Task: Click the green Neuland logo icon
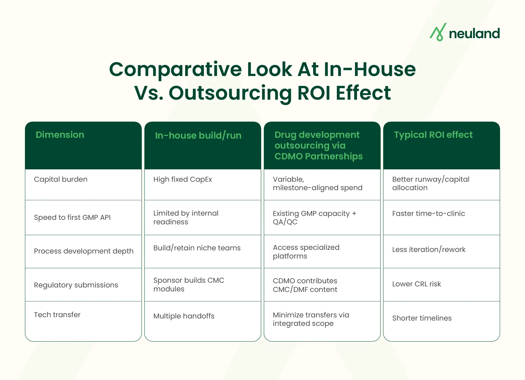pyautogui.click(x=438, y=32)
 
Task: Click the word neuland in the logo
pyautogui.click(x=474, y=34)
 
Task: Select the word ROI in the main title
pyautogui.click(x=313, y=93)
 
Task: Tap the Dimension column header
pyautogui.click(x=60, y=135)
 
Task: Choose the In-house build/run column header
pyautogui.click(x=198, y=135)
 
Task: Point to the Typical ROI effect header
pyautogui.click(x=433, y=135)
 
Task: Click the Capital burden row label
pyautogui.click(x=61, y=179)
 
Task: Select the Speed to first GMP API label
pyautogui.click(x=72, y=217)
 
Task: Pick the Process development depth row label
pyautogui.click(x=83, y=251)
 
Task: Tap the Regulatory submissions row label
pyautogui.click(x=76, y=285)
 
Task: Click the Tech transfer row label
pyautogui.click(x=57, y=315)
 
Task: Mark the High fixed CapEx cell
pyautogui.click(x=182, y=179)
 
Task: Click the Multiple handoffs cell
pyautogui.click(x=184, y=316)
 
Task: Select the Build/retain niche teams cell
pyautogui.click(x=197, y=248)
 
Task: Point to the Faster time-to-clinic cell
pyautogui.click(x=428, y=214)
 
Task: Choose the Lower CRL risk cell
pyautogui.click(x=416, y=284)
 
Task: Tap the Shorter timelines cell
pyautogui.click(x=422, y=318)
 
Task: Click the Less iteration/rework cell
pyautogui.click(x=429, y=250)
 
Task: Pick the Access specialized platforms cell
pyautogui.click(x=306, y=252)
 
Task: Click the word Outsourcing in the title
pyautogui.click(x=230, y=93)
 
